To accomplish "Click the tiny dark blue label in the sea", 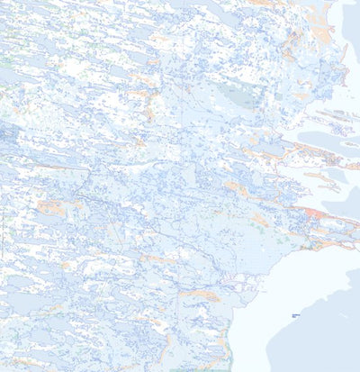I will [295, 315].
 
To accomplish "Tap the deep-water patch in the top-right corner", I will [352, 9].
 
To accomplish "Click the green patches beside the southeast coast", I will [286, 239].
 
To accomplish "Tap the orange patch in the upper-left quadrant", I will [144, 95].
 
